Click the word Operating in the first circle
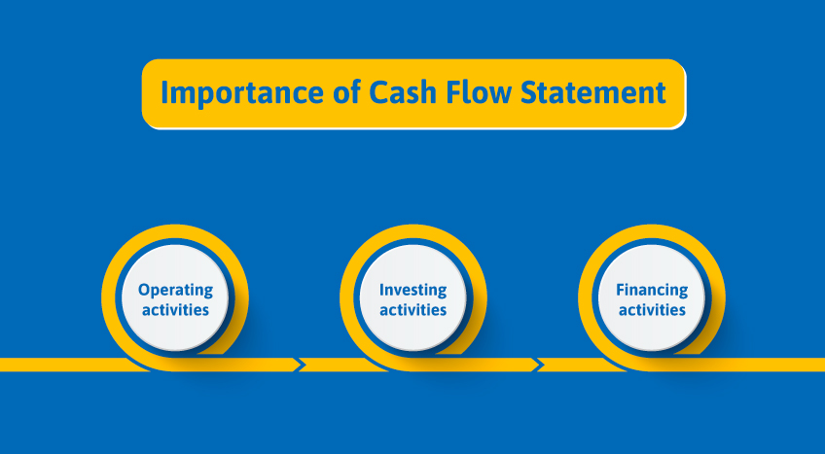click(175, 290)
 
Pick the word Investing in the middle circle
click(413, 290)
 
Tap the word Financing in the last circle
click(652, 290)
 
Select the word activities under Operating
click(175, 310)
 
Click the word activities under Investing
click(413, 310)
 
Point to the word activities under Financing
click(652, 310)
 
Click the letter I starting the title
click(163, 94)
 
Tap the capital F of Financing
click(620, 290)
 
